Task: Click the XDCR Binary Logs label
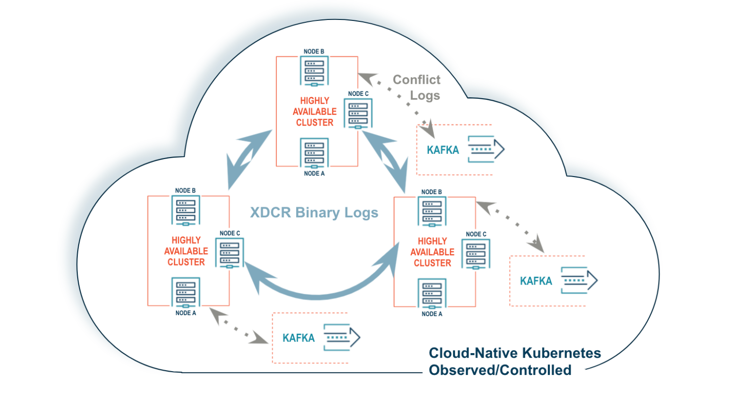314,213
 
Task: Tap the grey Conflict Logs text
417,87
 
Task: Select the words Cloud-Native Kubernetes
515,353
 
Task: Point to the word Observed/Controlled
500,370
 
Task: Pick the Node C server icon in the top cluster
358,113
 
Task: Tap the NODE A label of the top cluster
314,174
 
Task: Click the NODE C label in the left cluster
230,233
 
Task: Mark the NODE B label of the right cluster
432,192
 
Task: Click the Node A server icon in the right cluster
432,294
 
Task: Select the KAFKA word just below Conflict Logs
443,150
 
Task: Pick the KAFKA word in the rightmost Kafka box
536,281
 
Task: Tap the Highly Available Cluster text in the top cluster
314,112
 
